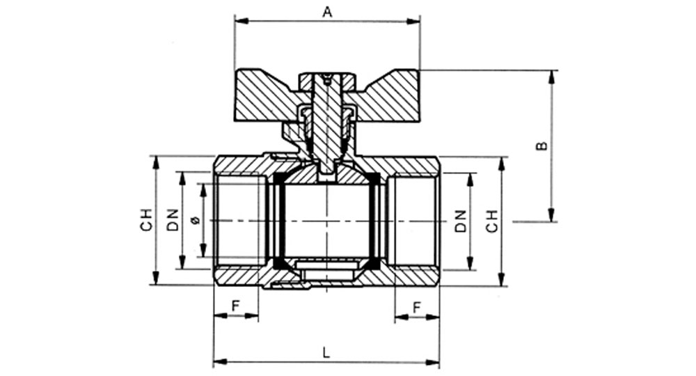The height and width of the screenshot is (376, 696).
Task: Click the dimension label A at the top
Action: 327,12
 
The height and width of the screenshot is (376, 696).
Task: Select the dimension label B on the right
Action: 542,146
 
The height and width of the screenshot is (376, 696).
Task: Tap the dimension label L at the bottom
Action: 326,352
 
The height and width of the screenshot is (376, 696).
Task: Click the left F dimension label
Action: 236,306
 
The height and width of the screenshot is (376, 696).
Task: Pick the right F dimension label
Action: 416,307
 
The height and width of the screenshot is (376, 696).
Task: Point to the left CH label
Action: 146,220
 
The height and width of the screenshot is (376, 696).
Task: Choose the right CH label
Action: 492,221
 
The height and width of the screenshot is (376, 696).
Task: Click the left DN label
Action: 173,220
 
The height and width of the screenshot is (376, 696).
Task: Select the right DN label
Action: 461,221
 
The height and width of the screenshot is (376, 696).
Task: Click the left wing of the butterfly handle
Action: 267,95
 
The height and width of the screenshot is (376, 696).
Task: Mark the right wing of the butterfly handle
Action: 388,95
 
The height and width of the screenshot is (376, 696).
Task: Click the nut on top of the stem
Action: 328,80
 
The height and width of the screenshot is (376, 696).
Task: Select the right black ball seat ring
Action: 376,221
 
